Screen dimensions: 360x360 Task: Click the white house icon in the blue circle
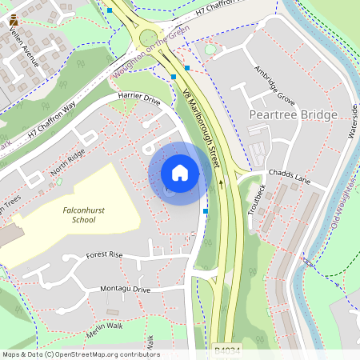(180, 173)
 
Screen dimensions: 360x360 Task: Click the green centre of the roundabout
(149, 37)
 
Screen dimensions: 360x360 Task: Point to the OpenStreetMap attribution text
(80, 354)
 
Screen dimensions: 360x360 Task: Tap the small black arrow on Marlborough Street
(222, 183)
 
